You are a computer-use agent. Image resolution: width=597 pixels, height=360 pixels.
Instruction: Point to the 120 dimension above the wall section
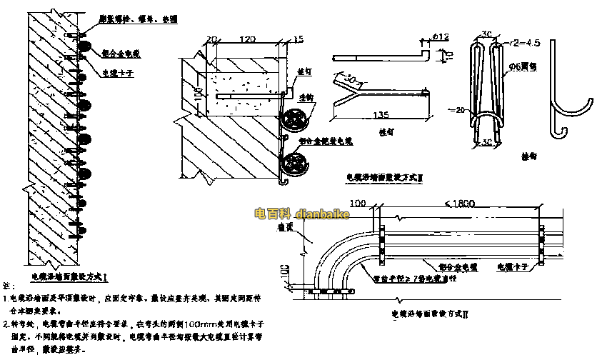click(x=248, y=39)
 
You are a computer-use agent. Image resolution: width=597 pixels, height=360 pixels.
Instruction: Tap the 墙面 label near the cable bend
click(x=286, y=227)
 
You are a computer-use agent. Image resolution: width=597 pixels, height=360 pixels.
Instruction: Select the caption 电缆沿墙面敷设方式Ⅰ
click(x=69, y=275)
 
